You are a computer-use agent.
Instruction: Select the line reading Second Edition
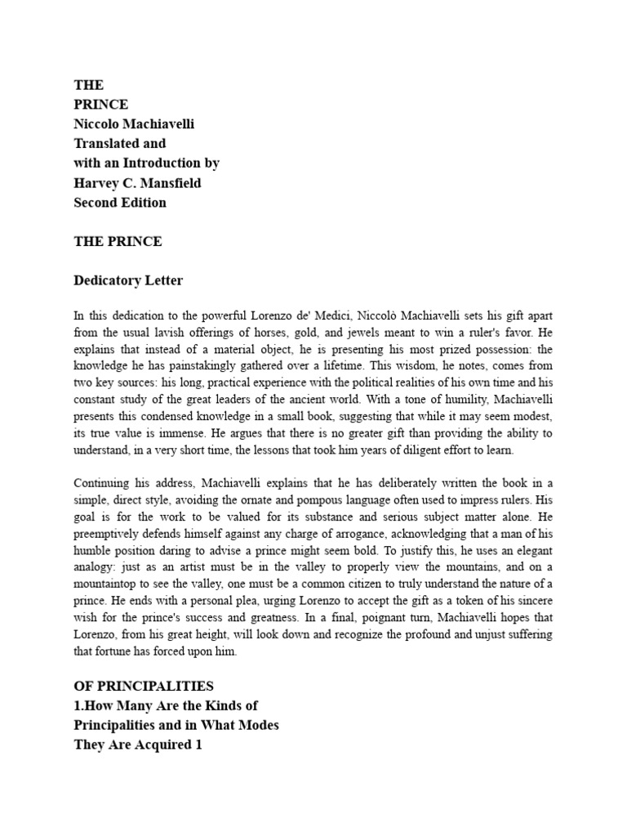tap(120, 203)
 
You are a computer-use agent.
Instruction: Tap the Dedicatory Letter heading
tap(128, 281)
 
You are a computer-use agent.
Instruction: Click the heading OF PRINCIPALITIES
tap(144, 687)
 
